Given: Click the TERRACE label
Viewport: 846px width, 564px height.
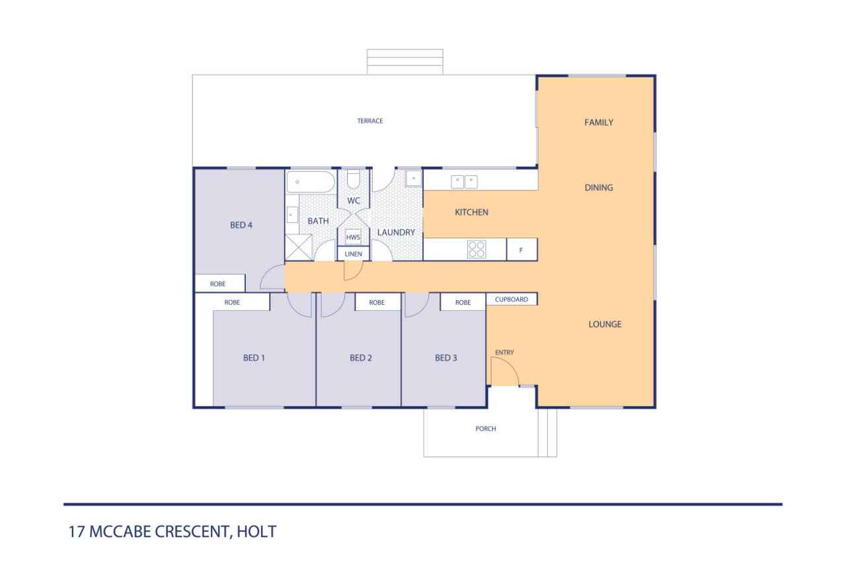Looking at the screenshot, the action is click(x=369, y=121).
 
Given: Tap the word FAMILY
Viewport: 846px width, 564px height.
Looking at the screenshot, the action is click(x=599, y=122).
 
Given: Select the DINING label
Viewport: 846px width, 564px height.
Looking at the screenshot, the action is click(x=599, y=187).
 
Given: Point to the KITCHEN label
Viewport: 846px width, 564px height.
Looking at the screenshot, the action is click(x=471, y=212).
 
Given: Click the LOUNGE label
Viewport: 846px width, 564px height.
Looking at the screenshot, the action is click(x=605, y=324).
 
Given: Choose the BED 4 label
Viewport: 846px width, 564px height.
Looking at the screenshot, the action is click(x=241, y=225).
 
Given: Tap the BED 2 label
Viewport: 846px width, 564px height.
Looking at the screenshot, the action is click(x=361, y=358).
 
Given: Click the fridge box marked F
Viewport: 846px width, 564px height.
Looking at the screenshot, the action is click(x=521, y=249).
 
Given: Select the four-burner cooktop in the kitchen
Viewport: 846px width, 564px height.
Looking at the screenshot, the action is click(x=477, y=249).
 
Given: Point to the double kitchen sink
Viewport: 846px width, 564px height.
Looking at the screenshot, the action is click(x=464, y=182).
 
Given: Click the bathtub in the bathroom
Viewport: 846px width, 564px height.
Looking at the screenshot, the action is click(x=311, y=182).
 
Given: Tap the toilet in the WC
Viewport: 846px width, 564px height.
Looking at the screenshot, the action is click(x=354, y=179).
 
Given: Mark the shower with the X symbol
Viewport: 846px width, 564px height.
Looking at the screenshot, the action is click(x=299, y=247).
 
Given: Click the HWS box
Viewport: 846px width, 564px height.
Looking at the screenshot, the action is click(x=353, y=237).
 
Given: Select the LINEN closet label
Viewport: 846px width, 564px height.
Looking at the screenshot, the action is click(x=353, y=255).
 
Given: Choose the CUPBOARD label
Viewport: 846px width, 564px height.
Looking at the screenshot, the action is click(x=512, y=299).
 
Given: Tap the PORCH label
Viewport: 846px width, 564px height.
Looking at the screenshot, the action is click(x=485, y=428).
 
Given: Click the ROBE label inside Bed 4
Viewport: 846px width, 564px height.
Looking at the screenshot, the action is click(x=217, y=284).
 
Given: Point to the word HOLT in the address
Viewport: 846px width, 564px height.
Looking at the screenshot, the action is click(x=256, y=532).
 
